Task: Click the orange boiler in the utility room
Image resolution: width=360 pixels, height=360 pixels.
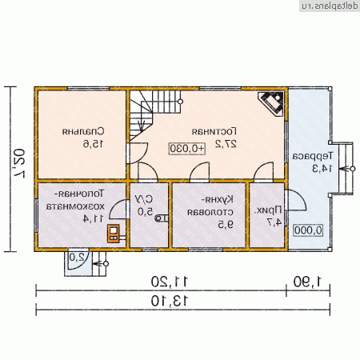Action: (x=114, y=234)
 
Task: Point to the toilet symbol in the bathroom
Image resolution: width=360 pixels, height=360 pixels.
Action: (x=162, y=218)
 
